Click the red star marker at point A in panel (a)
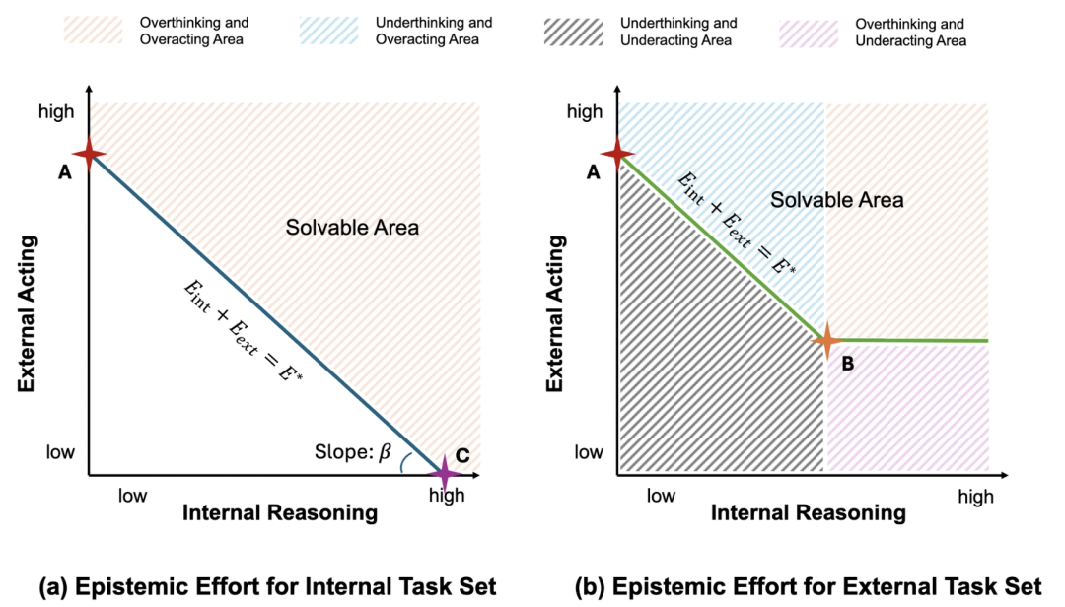(89, 154)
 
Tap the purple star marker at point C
(444, 473)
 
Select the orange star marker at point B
(826, 340)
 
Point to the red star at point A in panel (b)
(617, 154)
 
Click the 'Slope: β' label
(352, 452)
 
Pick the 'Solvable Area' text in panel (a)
(352, 227)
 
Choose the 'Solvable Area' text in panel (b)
(837, 200)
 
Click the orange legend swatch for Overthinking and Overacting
(93, 31)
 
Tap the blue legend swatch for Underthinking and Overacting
(328, 31)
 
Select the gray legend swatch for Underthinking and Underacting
(573, 32)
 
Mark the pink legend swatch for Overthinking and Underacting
(809, 34)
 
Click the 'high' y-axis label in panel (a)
(56, 111)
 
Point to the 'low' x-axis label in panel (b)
(661, 496)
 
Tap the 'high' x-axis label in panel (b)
(975, 497)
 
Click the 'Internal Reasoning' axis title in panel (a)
(280, 513)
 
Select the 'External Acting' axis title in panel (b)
(555, 313)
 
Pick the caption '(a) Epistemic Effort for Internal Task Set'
(267, 586)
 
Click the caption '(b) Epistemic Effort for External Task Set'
(808, 586)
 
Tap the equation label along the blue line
(244, 331)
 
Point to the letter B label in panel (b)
(848, 364)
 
